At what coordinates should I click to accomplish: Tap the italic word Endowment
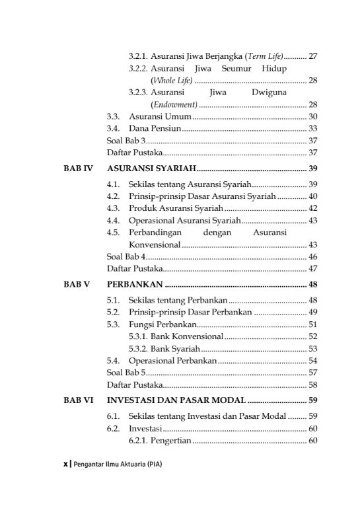pyautogui.click(x=174, y=104)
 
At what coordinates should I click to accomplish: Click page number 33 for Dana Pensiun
pyautogui.click(x=313, y=128)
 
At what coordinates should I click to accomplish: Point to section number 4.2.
pyautogui.click(x=113, y=196)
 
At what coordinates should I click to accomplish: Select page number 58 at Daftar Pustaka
pyautogui.click(x=313, y=385)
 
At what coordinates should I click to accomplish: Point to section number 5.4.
pyautogui.click(x=113, y=360)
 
